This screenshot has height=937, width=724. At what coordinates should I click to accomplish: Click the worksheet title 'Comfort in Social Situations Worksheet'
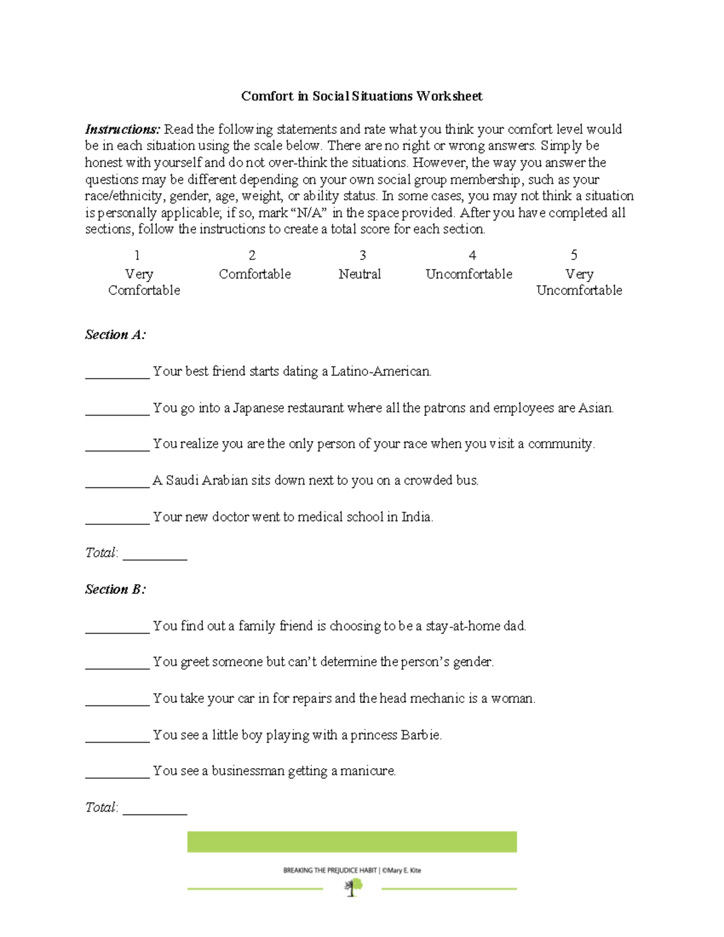[361, 96]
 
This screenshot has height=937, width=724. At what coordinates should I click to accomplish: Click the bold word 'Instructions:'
[122, 129]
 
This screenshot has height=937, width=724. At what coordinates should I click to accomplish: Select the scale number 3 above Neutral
[363, 255]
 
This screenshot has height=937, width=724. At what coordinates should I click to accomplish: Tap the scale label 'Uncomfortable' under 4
[469, 274]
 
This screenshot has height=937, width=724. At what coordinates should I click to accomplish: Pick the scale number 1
[137, 255]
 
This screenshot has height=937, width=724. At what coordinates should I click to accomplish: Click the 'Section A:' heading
[115, 335]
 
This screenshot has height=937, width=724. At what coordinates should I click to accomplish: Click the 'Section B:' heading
[115, 589]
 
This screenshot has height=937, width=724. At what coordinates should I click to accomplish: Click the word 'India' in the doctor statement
[416, 517]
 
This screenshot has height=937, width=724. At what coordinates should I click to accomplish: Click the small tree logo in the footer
[352, 887]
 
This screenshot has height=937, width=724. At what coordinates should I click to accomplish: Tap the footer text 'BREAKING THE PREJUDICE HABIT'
[330, 870]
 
